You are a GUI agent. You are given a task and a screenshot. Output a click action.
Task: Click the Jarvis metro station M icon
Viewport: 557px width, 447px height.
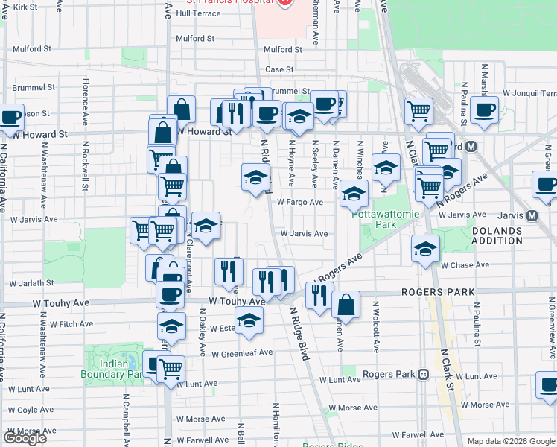(532, 216)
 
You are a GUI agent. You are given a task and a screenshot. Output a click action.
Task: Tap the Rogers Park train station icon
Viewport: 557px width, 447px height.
(422, 374)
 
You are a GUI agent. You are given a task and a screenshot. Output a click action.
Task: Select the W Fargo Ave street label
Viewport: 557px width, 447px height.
(299, 202)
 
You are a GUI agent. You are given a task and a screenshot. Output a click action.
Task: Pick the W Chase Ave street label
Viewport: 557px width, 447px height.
(465, 265)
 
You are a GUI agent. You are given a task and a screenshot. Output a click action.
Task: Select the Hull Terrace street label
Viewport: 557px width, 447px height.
(198, 13)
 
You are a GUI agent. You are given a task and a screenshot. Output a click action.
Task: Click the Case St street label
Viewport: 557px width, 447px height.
(279, 69)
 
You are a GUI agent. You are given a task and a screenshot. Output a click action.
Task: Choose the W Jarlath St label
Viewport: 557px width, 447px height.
(31, 283)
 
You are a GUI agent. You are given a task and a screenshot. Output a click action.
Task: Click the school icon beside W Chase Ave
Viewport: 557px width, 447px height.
(425, 248)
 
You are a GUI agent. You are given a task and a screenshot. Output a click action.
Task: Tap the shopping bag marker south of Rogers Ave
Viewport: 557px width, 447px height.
(346, 304)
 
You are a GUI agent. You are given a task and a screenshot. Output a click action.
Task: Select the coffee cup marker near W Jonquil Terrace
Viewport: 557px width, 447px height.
(484, 110)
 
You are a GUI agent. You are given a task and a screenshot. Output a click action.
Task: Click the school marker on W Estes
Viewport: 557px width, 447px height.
(249, 320)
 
